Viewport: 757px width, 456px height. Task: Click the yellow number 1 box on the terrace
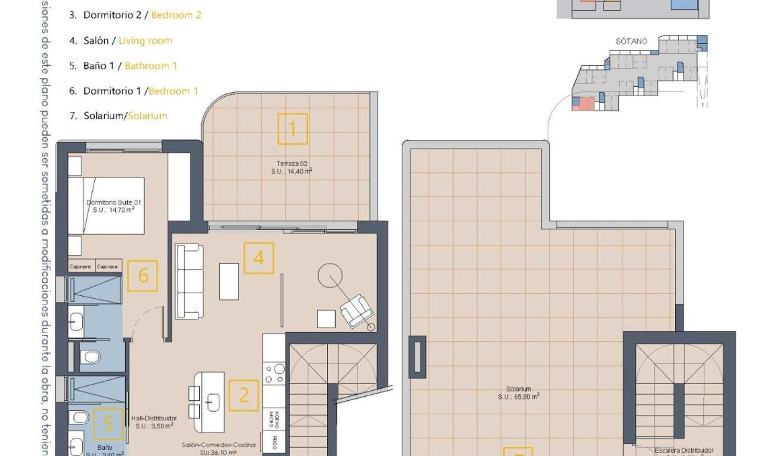coord(292,128)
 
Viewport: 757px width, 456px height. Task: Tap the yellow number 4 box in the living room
coord(258,258)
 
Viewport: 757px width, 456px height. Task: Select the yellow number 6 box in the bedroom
coord(142,276)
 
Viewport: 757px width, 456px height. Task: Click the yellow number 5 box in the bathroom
coord(108,424)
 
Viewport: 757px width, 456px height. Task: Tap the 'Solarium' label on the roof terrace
coord(519,389)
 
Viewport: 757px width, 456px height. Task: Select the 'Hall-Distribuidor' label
coord(154,418)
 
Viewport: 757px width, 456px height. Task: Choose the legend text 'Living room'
coord(145,40)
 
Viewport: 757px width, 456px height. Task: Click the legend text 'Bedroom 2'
coord(176,15)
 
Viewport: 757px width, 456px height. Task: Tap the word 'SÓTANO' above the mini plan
coord(631,42)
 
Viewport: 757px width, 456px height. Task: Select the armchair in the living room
coord(357,310)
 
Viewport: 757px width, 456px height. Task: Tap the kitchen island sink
coord(213,403)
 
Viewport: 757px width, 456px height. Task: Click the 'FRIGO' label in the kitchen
coord(275,442)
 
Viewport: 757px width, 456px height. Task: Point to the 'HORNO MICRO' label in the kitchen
coord(274,418)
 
